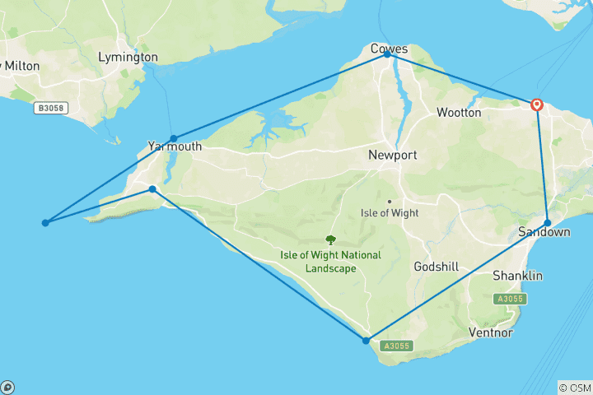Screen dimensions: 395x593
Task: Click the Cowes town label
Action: pyautogui.click(x=389, y=49)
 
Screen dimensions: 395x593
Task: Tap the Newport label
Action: pyautogui.click(x=393, y=155)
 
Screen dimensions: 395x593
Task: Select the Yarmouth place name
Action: pyautogui.click(x=175, y=146)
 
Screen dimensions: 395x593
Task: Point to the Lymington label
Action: pyautogui.click(x=128, y=58)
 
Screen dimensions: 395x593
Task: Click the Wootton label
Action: pyautogui.click(x=459, y=112)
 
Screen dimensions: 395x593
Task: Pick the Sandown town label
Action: pyautogui.click(x=544, y=232)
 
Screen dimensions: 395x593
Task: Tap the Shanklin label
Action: pyautogui.click(x=517, y=276)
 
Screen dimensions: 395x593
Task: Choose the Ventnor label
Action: pyautogui.click(x=489, y=333)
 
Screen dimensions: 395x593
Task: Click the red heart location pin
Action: pyautogui.click(x=537, y=105)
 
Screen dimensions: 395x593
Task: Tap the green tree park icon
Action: pyautogui.click(x=331, y=240)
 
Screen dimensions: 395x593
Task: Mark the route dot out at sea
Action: pyautogui.click(x=45, y=223)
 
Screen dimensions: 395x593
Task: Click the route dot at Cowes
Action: pyautogui.click(x=387, y=55)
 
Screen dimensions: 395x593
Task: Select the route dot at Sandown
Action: pyautogui.click(x=548, y=222)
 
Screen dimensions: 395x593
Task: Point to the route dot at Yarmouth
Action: pyautogui.click(x=174, y=138)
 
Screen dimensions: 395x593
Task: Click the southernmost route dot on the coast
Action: pyautogui.click(x=366, y=340)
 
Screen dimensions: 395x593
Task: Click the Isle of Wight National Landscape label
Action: pyautogui.click(x=331, y=262)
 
